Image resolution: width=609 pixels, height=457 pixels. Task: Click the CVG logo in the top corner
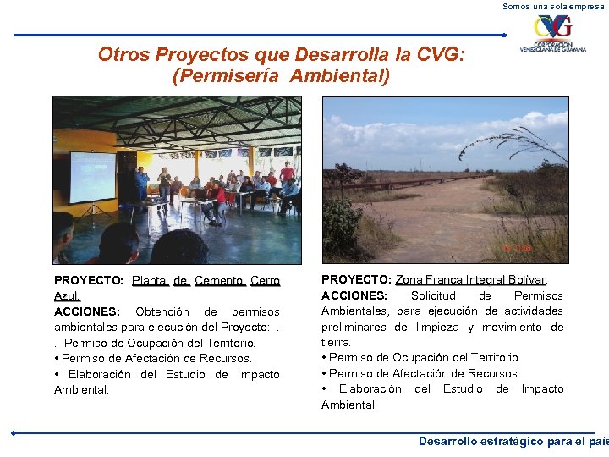click(551, 34)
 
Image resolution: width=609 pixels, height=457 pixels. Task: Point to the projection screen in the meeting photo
click(92, 177)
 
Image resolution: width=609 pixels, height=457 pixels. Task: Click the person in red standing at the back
click(287, 173)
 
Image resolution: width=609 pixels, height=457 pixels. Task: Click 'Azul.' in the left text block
click(67, 296)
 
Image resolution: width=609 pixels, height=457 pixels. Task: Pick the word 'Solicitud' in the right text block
click(433, 295)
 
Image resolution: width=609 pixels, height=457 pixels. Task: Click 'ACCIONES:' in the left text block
click(85, 311)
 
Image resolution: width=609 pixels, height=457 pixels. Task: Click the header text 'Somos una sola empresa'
click(554, 6)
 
